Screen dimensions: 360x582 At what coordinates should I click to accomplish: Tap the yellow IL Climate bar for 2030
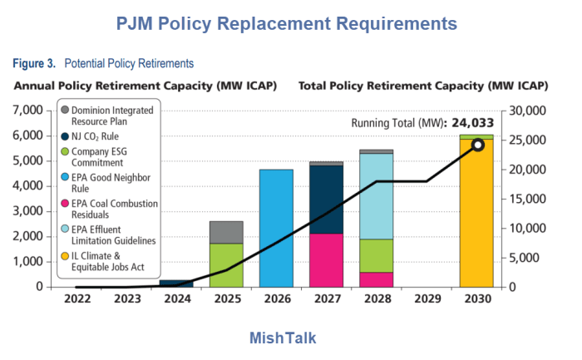[x=476, y=213]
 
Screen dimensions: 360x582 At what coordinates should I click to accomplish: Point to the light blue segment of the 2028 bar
[x=376, y=196]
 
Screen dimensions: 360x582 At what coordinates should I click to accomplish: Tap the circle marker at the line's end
[x=478, y=145]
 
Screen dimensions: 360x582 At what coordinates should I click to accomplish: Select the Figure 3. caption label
[x=34, y=63]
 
